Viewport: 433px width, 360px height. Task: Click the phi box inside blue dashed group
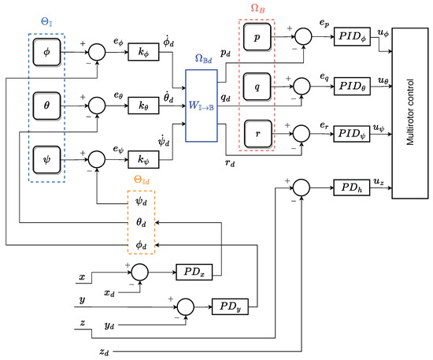click(x=46, y=53)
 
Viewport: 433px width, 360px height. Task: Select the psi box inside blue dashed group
click(x=46, y=156)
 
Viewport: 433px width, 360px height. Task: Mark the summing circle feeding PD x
click(x=139, y=273)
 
